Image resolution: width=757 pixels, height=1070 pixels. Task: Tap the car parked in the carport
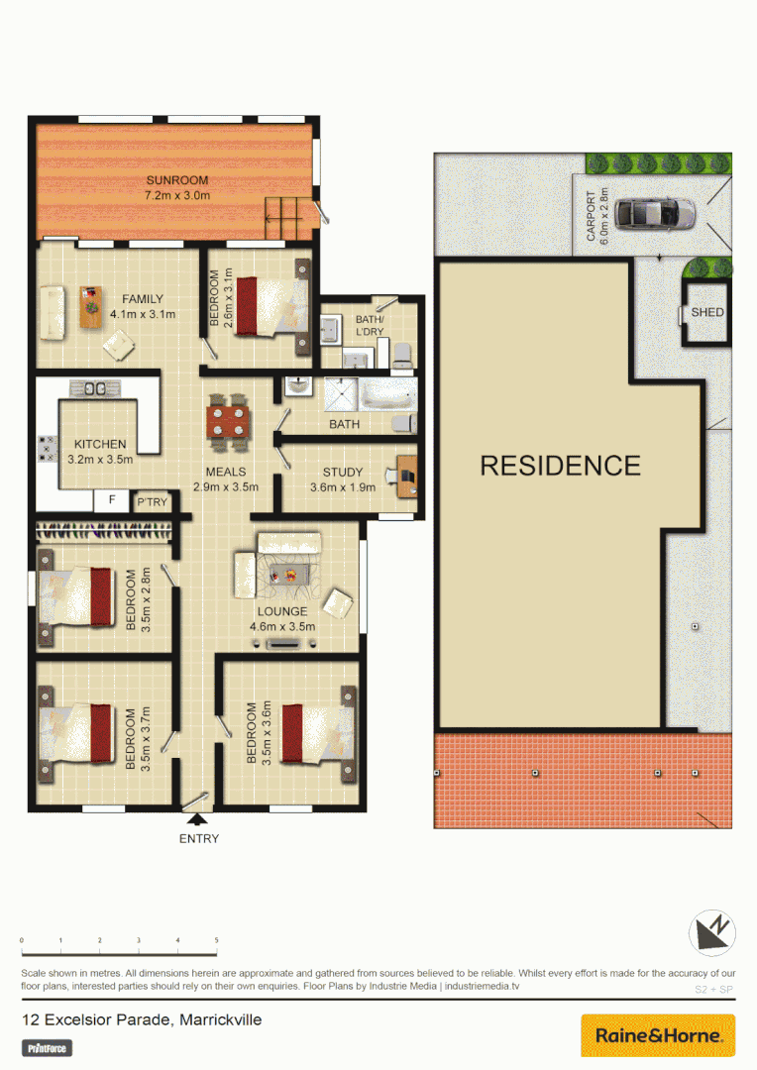pyautogui.click(x=655, y=212)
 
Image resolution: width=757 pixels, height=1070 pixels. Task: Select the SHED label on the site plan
pyautogui.click(x=707, y=313)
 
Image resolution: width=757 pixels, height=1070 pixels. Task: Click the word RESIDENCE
pyautogui.click(x=561, y=465)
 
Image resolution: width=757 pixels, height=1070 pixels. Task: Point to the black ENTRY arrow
pyautogui.click(x=198, y=818)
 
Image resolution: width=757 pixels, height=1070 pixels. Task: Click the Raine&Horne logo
pyautogui.click(x=658, y=1035)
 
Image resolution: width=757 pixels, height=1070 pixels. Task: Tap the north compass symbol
pyautogui.click(x=711, y=933)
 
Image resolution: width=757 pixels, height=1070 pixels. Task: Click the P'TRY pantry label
pyautogui.click(x=152, y=502)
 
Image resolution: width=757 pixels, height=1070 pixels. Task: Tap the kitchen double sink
pyautogui.click(x=96, y=388)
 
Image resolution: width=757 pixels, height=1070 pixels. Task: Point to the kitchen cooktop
pyautogui.click(x=47, y=450)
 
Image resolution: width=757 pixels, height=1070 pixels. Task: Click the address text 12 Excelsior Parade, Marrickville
pyautogui.click(x=142, y=1018)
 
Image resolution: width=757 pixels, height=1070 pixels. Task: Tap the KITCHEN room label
pyautogui.click(x=99, y=444)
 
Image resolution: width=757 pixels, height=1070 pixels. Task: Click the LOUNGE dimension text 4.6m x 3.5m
pyautogui.click(x=282, y=626)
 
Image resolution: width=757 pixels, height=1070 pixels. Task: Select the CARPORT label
pyautogui.click(x=592, y=216)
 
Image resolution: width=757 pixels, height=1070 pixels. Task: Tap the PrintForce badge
pyautogui.click(x=48, y=1047)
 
